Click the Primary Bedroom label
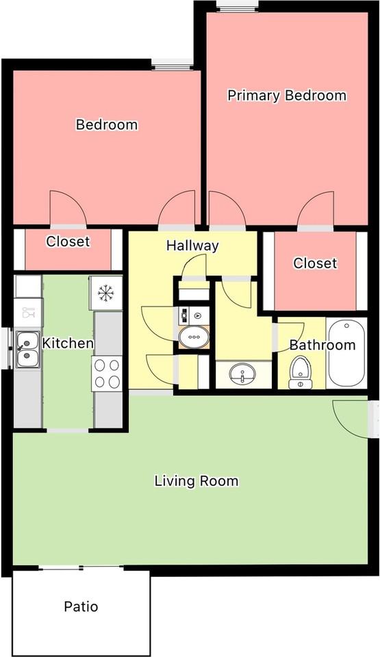pos(287,95)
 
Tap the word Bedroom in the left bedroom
pos(107,125)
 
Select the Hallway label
pos(192,246)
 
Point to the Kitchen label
pos(68,343)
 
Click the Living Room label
pos(197,480)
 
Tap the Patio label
pos(81,606)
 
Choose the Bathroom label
pos(322,345)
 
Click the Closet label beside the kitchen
pos(68,242)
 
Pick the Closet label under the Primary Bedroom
pos(315,263)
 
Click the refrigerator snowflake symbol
pos(105,293)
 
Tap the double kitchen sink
pos(28,348)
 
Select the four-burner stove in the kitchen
pos(107,374)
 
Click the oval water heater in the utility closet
pos(194,337)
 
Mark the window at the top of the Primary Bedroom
pos(237,7)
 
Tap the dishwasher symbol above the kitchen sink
pos(28,313)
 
